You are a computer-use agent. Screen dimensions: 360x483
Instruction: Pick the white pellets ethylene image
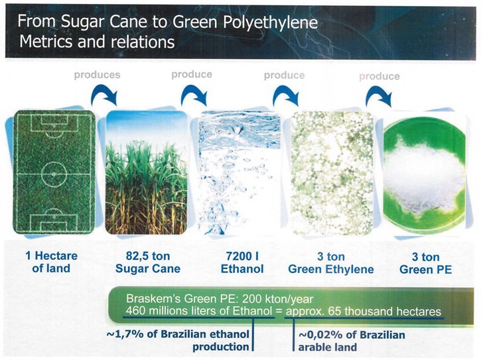330,174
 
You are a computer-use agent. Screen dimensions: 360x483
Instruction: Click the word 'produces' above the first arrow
97,75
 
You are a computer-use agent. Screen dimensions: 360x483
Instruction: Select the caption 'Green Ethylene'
330,269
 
